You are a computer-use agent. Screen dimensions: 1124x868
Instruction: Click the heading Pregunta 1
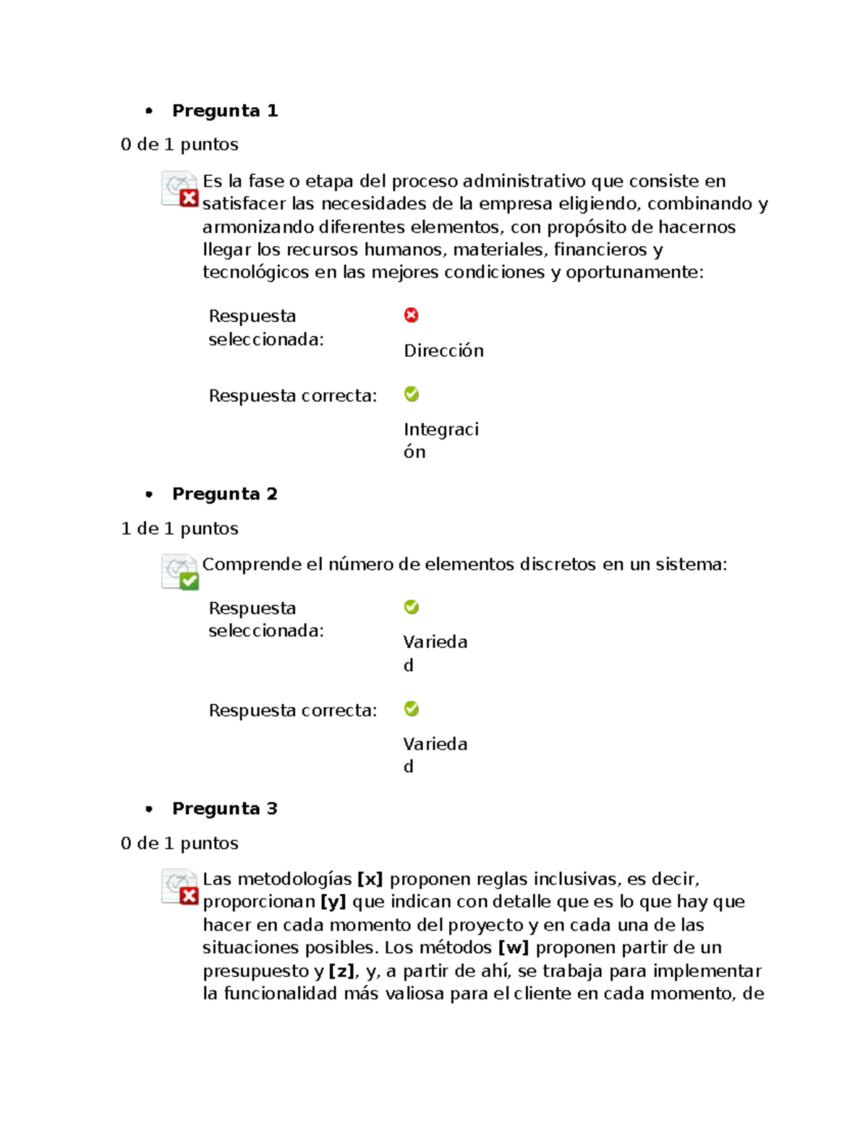(224, 111)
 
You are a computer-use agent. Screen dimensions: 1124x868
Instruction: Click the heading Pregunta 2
(224, 494)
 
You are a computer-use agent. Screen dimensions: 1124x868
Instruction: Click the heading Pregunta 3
(224, 809)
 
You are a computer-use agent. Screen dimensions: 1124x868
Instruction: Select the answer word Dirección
(443, 351)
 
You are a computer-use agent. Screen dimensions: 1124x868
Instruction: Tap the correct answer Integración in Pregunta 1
(441, 440)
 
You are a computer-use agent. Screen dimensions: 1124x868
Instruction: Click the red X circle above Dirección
(412, 315)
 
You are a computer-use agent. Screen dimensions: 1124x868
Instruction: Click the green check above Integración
(412, 394)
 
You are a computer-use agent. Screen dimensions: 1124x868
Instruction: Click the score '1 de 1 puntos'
(179, 529)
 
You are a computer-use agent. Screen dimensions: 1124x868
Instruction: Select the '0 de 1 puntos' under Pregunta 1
(179, 145)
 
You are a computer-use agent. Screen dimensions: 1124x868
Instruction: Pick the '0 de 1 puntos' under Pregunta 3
(179, 844)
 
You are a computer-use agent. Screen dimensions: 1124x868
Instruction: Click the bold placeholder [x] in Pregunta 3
(370, 879)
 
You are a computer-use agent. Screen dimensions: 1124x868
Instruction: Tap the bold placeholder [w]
(514, 948)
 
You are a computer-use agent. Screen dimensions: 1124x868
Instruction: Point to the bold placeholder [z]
(342, 971)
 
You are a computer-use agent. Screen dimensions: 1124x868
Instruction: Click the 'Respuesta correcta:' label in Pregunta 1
(292, 396)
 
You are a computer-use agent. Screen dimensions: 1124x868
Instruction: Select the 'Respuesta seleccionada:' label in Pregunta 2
(265, 620)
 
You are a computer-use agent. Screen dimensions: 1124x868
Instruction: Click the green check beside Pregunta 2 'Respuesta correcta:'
(412, 709)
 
